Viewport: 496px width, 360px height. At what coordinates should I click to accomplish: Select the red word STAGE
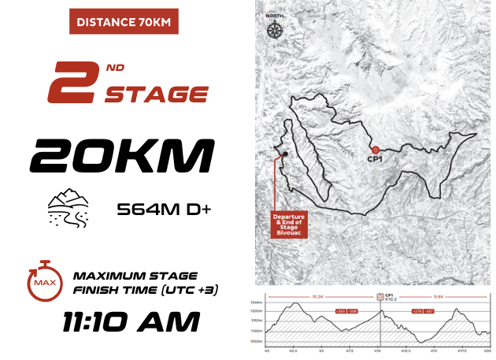coord(157,95)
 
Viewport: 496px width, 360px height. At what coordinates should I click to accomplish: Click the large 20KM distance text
coord(122,154)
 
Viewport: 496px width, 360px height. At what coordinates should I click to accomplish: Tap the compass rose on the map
coord(275,30)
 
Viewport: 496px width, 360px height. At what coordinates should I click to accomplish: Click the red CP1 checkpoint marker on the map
coord(376,149)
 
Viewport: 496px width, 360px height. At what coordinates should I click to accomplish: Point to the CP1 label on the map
coord(376,159)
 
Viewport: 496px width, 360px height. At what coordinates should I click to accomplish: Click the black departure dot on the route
coord(283,154)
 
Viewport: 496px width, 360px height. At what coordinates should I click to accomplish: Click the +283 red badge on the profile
coord(341,312)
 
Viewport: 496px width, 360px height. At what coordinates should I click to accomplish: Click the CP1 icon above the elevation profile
coord(379,297)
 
